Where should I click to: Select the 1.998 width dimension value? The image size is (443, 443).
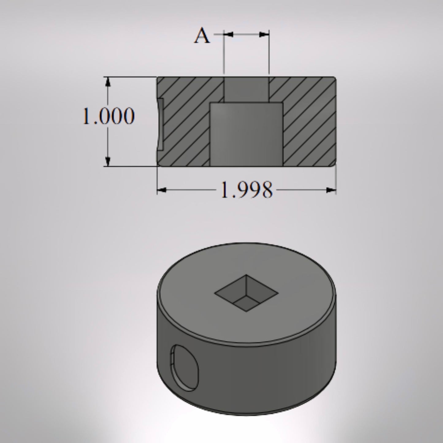point(246,190)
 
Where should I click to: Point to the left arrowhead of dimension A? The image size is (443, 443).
point(228,35)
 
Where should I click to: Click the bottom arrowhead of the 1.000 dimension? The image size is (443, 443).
point(108,161)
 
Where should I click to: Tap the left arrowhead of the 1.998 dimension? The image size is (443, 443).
point(162,190)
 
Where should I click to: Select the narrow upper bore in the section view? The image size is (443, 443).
point(246,89)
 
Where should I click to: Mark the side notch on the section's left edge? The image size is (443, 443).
point(160,124)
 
